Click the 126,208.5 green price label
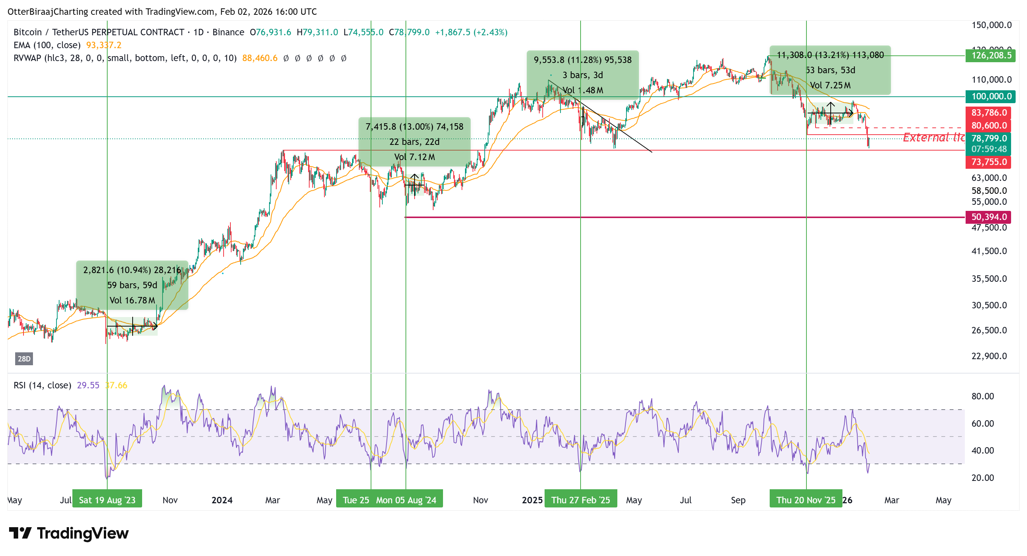coord(991,55)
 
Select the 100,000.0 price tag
coord(991,96)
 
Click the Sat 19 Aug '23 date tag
coord(107,501)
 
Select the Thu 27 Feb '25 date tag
coord(581,501)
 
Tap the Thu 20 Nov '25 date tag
coord(806,501)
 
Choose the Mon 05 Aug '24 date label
coord(406,501)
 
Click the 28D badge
coord(24,359)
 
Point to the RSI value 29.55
coord(88,386)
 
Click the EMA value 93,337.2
coord(104,46)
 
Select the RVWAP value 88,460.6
coord(260,58)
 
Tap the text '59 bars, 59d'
coord(132,286)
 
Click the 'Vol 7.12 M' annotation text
coord(415,157)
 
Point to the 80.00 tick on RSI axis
coord(982,396)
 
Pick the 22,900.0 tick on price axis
coord(989,356)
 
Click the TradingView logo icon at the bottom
coord(20,533)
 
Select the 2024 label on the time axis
coord(222,501)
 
